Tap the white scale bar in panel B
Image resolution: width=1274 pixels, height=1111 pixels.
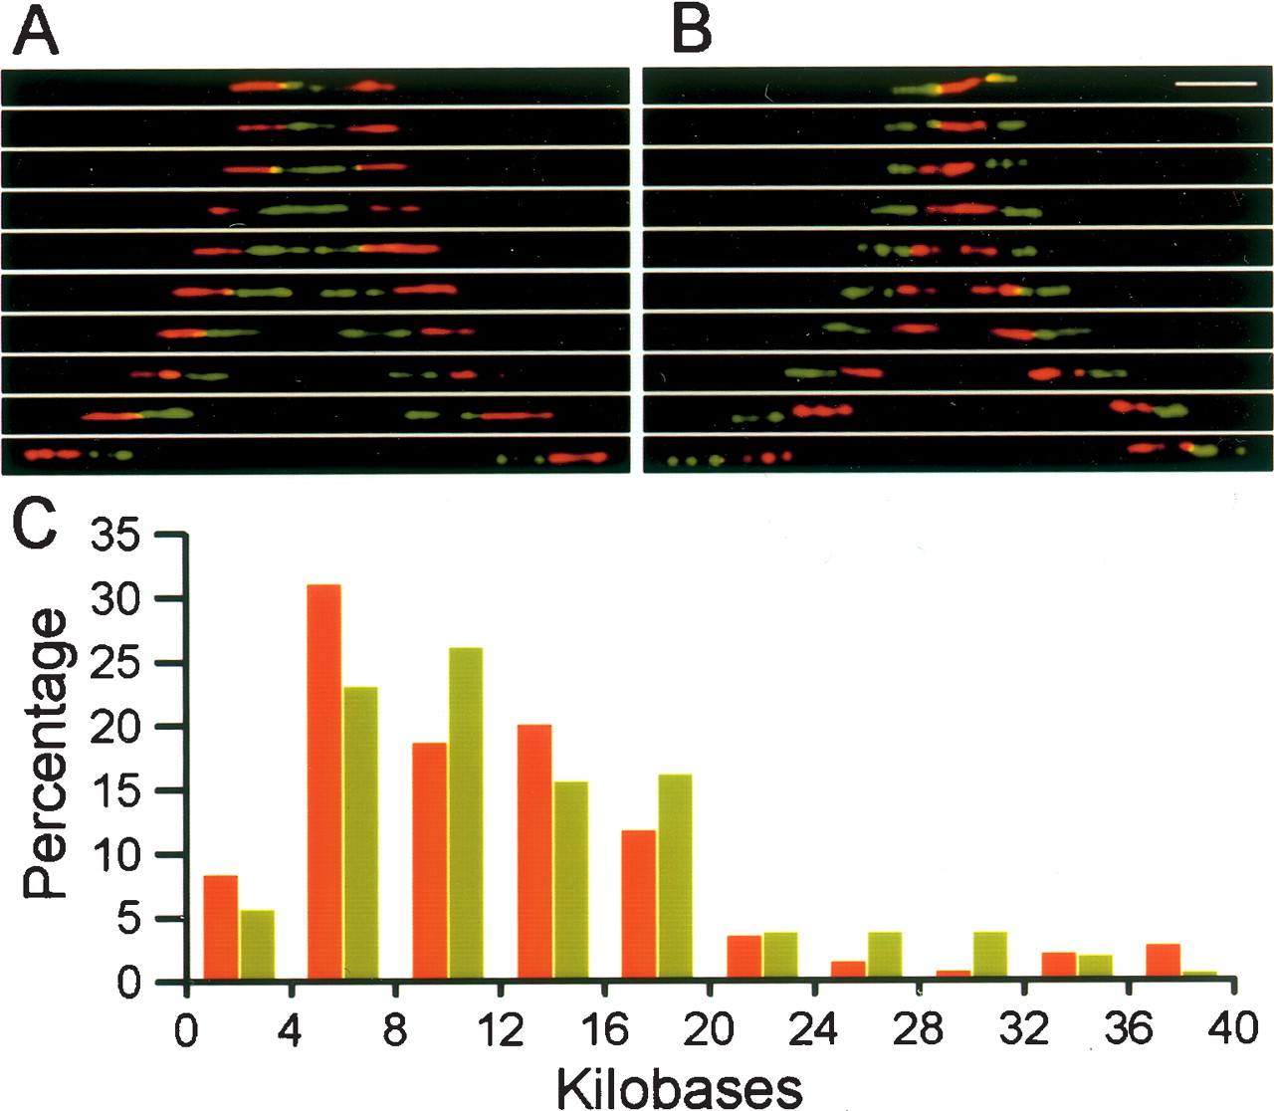coord(1205,99)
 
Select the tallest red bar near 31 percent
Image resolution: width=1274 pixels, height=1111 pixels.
coord(324,783)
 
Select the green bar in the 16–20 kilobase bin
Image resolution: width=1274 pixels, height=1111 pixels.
coord(675,878)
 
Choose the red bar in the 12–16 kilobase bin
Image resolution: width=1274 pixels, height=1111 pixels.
coord(534,854)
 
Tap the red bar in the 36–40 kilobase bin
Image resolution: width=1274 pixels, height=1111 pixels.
coord(1164,964)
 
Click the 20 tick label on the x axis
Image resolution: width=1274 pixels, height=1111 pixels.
coord(711,1029)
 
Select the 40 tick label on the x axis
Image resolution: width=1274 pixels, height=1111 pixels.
coord(1233,1029)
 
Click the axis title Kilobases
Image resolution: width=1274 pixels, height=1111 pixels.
coord(680,1088)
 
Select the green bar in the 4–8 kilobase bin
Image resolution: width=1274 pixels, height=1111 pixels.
coord(361,834)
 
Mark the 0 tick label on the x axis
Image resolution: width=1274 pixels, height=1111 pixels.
coord(186,1029)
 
